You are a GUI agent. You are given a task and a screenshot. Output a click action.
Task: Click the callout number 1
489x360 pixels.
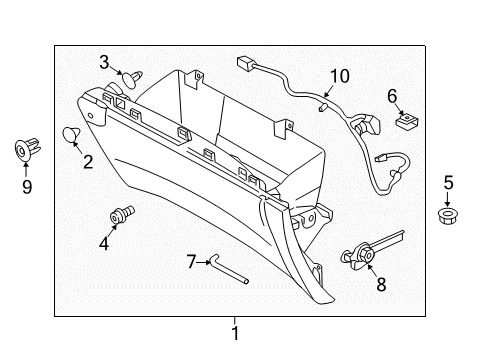point(235,333)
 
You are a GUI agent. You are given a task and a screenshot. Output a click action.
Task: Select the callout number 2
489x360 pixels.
point(87,162)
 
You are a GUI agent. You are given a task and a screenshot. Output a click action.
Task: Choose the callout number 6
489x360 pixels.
point(392,96)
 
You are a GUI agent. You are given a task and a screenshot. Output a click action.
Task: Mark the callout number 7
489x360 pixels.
point(192,262)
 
